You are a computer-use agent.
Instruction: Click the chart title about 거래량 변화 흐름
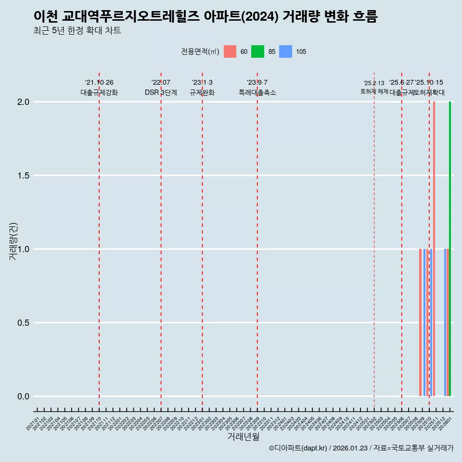pyautogui.click(x=205, y=16)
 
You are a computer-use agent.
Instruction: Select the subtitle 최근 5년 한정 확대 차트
pyautogui.click(x=77, y=31)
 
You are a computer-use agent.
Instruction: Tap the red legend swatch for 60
pyautogui.click(x=230, y=51)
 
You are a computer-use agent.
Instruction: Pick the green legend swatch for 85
pyautogui.click(x=257, y=51)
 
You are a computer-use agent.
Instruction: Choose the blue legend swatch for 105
pyautogui.click(x=285, y=51)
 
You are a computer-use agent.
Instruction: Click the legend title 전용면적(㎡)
pyautogui.click(x=200, y=51)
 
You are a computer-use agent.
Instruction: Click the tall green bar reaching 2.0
pyautogui.click(x=450, y=249)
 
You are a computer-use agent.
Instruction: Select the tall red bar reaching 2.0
pyautogui.click(x=434, y=249)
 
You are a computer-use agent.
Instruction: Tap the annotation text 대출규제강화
pyautogui.click(x=99, y=93)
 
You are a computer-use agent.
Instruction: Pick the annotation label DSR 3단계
pyautogui.click(x=161, y=93)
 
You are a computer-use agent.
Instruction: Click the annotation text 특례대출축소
pyautogui.click(x=257, y=93)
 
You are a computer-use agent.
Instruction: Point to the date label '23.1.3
pyautogui.click(x=202, y=83)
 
